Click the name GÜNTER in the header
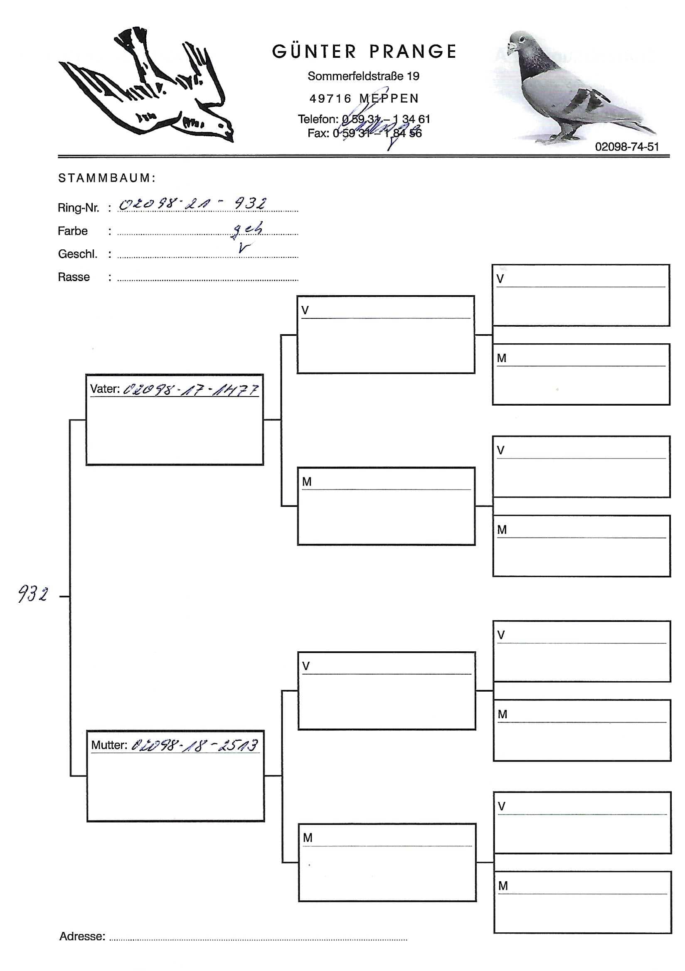tap(314, 52)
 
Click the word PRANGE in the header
tap(413, 52)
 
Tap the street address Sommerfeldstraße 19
tap(363, 76)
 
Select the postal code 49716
tap(330, 99)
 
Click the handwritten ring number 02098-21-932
tap(192, 204)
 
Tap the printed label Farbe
tap(73, 231)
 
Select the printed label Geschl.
tap(77, 254)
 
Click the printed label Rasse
tap(74, 277)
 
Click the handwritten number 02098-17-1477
tap(190, 389)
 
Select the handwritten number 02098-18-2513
tap(194, 745)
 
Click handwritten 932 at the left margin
tap(32, 594)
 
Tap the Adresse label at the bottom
tap(82, 936)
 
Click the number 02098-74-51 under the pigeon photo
tap(627, 147)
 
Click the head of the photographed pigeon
tap(519, 42)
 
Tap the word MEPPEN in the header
tap(389, 99)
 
